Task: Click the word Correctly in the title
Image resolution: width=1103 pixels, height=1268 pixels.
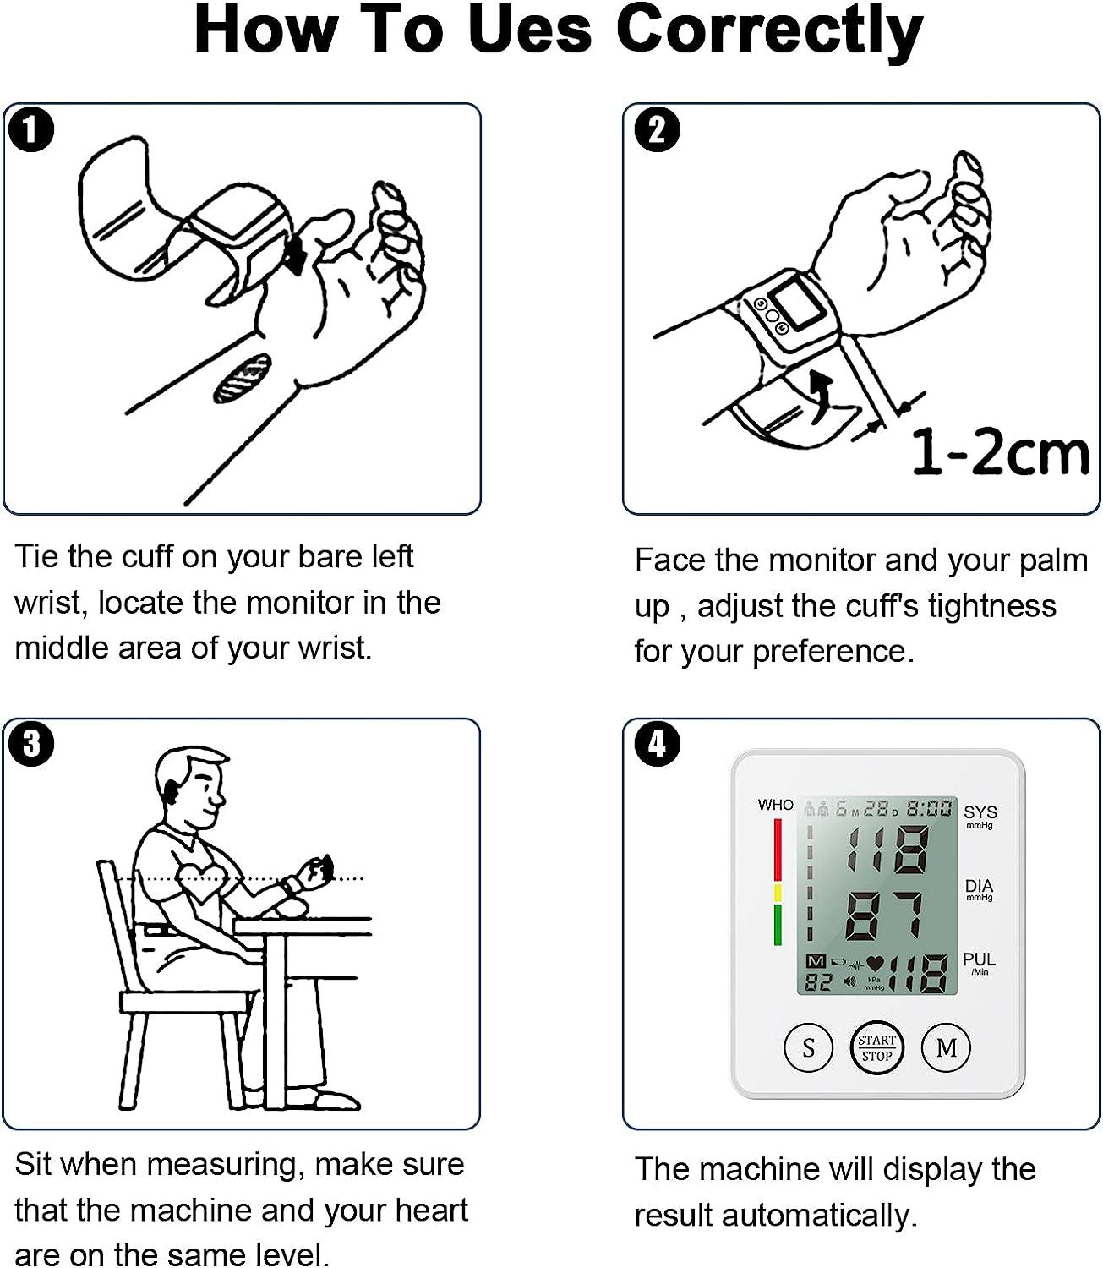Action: click(x=768, y=30)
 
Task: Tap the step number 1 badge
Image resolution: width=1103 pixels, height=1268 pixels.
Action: click(x=32, y=131)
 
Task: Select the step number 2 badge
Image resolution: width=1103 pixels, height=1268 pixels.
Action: click(x=657, y=131)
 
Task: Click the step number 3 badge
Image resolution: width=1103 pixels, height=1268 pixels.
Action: click(x=32, y=744)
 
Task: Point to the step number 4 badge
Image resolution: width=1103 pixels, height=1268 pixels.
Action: click(x=657, y=744)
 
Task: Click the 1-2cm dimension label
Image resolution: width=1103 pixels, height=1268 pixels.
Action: click(x=1000, y=453)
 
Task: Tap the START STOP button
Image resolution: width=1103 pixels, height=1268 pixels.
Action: click(x=876, y=1048)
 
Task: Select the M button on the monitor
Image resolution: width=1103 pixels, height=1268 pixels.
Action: click(x=946, y=1048)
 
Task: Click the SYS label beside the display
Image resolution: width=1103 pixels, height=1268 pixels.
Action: click(x=980, y=812)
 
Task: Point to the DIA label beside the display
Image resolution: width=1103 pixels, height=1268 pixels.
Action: click(x=979, y=887)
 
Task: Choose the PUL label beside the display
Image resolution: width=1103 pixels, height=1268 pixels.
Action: click(x=979, y=960)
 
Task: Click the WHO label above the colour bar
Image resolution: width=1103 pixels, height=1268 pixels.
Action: click(x=775, y=805)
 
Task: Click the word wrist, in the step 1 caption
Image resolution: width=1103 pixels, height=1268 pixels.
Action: click(x=51, y=604)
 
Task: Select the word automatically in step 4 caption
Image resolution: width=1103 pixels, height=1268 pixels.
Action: click(x=832, y=1216)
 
